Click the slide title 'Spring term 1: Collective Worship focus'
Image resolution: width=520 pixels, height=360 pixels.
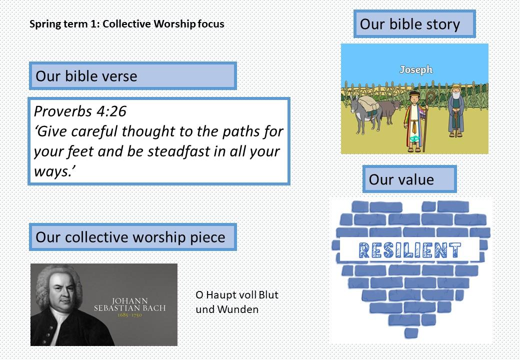click(126, 24)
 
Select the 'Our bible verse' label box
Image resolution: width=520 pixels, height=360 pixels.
click(132, 75)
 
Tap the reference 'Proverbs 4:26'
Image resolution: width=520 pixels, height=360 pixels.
click(80, 111)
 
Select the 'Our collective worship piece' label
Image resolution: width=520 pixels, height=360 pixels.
click(132, 237)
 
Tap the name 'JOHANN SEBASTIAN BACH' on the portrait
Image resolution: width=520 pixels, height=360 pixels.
click(129, 304)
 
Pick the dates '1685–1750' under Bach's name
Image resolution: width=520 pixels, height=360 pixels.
click(129, 314)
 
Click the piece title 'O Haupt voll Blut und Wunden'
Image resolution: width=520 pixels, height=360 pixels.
click(237, 302)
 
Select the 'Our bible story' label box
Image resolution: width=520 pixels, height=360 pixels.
click(414, 24)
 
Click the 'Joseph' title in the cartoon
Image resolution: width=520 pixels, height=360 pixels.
click(416, 69)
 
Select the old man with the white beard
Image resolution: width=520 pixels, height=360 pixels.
click(456, 110)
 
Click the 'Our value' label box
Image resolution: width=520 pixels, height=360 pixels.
click(409, 179)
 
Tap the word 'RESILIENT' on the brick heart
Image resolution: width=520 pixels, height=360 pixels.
click(409, 250)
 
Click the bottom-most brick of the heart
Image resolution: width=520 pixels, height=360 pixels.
click(411, 333)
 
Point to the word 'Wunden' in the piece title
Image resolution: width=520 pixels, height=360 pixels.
click(238, 309)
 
